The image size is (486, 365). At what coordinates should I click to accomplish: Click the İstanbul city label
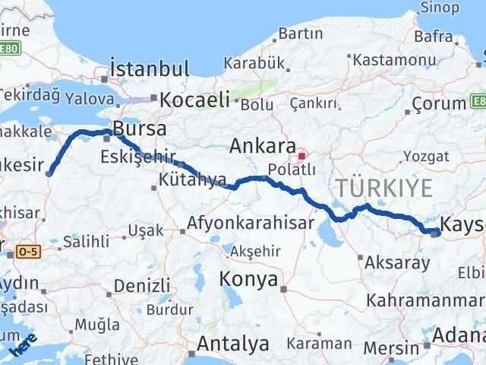[150, 69]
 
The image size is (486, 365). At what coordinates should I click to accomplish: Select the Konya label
[248, 280]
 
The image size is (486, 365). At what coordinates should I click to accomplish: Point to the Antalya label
[233, 344]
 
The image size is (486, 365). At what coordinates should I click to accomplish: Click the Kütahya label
[194, 180]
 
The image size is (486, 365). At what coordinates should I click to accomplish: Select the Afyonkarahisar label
[250, 224]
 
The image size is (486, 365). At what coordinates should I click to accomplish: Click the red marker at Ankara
[302, 157]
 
